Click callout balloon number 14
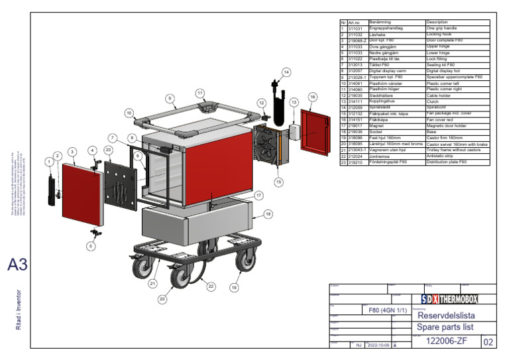[286, 72]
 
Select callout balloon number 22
[211, 286]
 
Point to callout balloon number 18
[268, 213]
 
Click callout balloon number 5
[91, 245]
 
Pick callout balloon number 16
[312, 97]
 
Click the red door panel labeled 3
[82, 192]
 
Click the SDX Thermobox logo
[448, 300]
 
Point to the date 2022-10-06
[379, 345]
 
